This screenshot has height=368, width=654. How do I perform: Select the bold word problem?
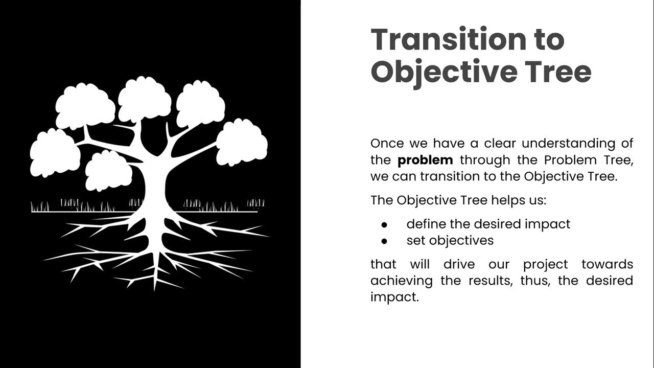425,160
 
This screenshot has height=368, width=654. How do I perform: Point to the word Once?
388,143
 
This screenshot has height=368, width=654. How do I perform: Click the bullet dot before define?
384,224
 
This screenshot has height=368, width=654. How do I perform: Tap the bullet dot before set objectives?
384,241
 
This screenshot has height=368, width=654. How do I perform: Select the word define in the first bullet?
426,224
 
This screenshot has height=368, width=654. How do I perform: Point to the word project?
545,265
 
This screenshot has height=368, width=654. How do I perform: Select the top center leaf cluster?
145,100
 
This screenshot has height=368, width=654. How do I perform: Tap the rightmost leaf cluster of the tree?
242,142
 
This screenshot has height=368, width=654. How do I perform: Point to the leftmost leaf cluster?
55,153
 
